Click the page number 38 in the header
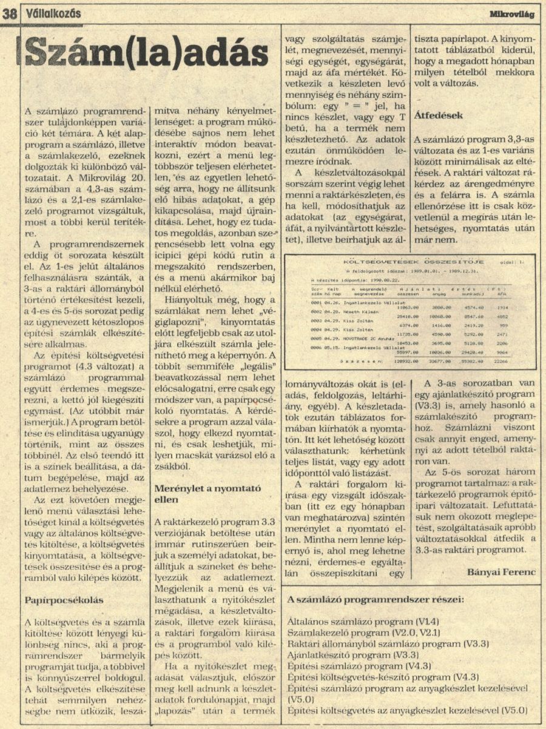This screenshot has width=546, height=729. pyautogui.click(x=9, y=13)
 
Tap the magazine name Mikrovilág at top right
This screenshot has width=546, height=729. pyautogui.click(x=514, y=13)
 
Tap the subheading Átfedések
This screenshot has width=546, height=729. pyautogui.click(x=439, y=114)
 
